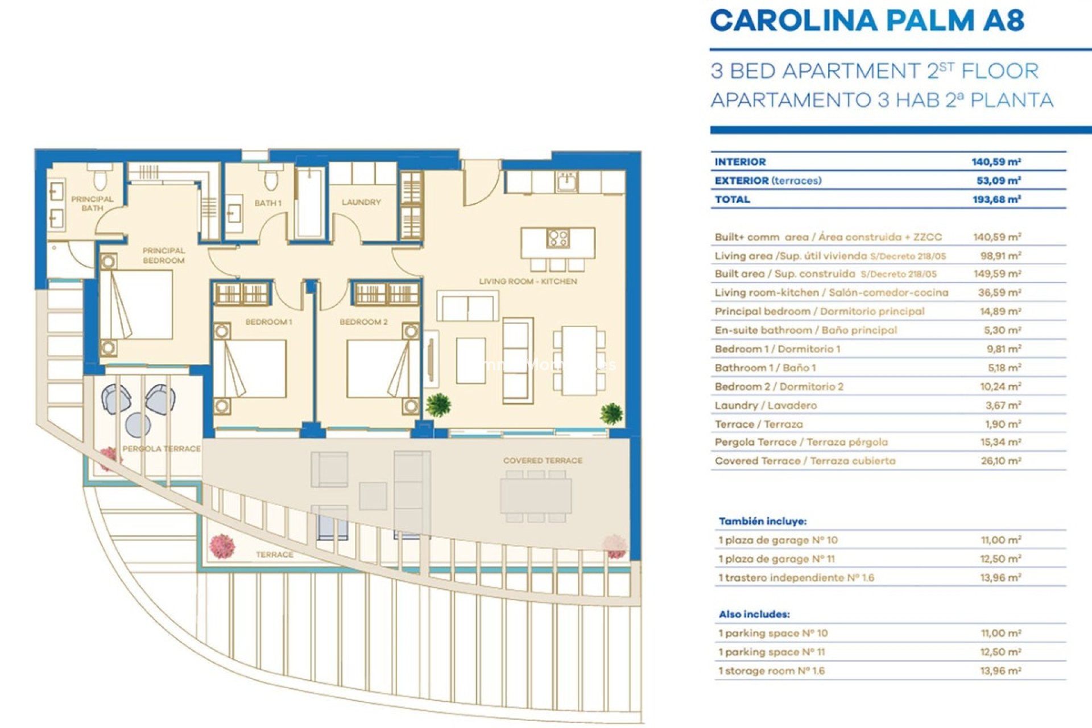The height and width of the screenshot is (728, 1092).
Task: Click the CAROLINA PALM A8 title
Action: [x=867, y=21]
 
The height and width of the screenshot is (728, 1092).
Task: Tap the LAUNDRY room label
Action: [x=361, y=202]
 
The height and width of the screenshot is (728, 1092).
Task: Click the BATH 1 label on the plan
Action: [x=268, y=203]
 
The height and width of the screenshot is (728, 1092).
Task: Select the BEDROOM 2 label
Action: [x=363, y=322]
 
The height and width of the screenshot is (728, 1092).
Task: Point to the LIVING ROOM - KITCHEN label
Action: [x=528, y=282]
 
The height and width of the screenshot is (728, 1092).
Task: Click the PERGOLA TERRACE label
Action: [x=162, y=449]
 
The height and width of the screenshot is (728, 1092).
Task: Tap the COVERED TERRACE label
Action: [x=543, y=461]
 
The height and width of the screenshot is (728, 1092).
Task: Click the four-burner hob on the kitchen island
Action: [x=557, y=238]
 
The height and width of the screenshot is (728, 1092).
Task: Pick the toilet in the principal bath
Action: [x=100, y=177]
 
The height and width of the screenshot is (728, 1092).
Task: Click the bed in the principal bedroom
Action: [x=136, y=305]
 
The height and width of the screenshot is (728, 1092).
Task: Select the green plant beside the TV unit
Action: [x=438, y=404]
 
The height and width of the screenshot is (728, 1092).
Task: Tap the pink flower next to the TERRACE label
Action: [x=222, y=545]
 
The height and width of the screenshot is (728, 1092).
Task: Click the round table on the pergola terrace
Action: [x=138, y=424]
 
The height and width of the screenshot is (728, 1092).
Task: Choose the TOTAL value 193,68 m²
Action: [x=996, y=200]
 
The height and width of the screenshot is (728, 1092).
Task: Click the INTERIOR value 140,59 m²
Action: [x=996, y=162]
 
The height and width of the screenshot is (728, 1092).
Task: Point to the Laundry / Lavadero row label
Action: [x=766, y=406]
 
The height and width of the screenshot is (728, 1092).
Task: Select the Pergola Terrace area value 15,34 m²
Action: [x=1000, y=442]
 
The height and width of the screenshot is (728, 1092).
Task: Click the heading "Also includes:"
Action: [x=754, y=614]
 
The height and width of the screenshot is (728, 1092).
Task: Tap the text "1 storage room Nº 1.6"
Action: [x=771, y=671]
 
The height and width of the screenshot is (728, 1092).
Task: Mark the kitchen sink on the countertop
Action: [x=567, y=182]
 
